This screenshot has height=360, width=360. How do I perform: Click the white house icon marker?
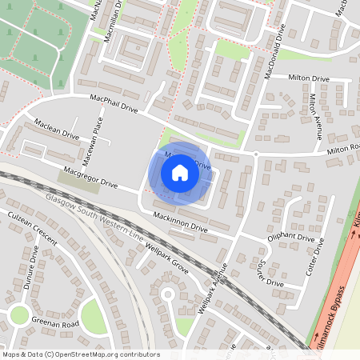(180, 172)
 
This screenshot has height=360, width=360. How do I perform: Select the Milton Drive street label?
(310, 78)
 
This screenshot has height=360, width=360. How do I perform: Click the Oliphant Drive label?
(290, 238)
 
